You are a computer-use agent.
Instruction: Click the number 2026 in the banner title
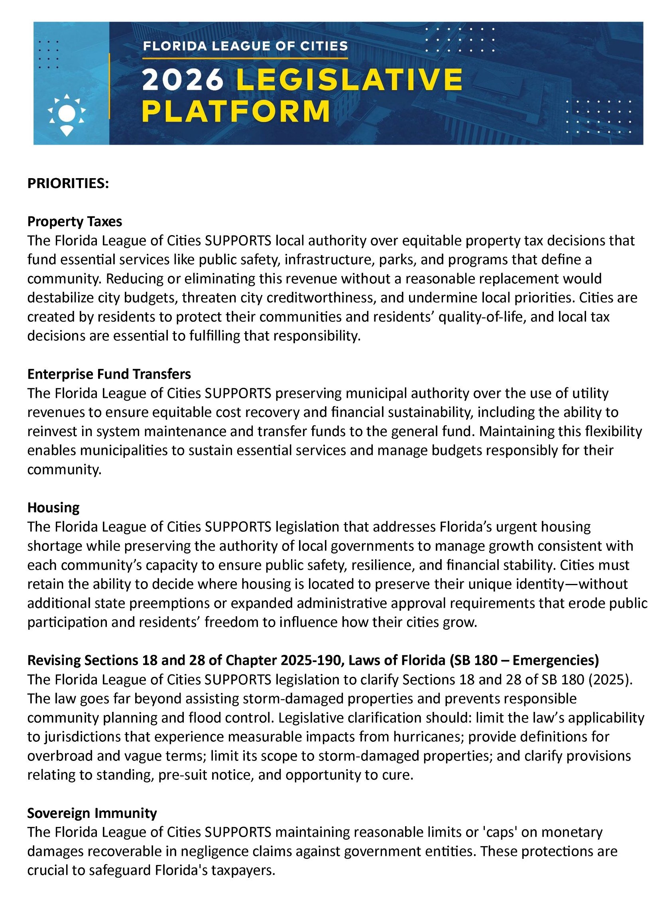coord(183,79)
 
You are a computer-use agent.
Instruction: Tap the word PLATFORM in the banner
coord(236,112)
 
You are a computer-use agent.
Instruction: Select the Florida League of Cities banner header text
coord(245,46)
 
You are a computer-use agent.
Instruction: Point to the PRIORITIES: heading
coord(68,183)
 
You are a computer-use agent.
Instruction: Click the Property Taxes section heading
coord(75,221)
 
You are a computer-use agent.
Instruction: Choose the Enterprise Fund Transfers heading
coord(109,374)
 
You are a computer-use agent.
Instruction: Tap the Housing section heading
coord(53,508)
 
